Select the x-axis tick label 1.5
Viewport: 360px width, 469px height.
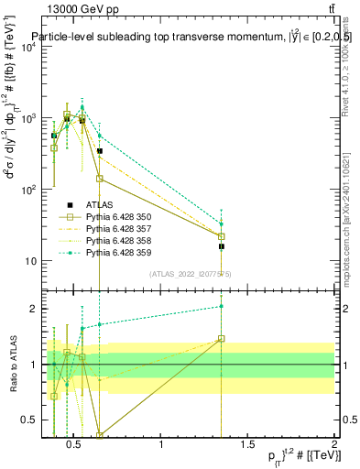pos(248,445)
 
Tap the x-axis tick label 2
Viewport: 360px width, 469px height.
pos(333,445)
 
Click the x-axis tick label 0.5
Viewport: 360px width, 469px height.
pos(75,445)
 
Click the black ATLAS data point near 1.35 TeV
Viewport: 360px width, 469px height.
pos(222,246)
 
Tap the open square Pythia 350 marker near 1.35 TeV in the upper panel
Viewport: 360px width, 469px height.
pos(222,236)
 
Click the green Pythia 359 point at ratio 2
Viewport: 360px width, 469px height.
pos(222,306)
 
